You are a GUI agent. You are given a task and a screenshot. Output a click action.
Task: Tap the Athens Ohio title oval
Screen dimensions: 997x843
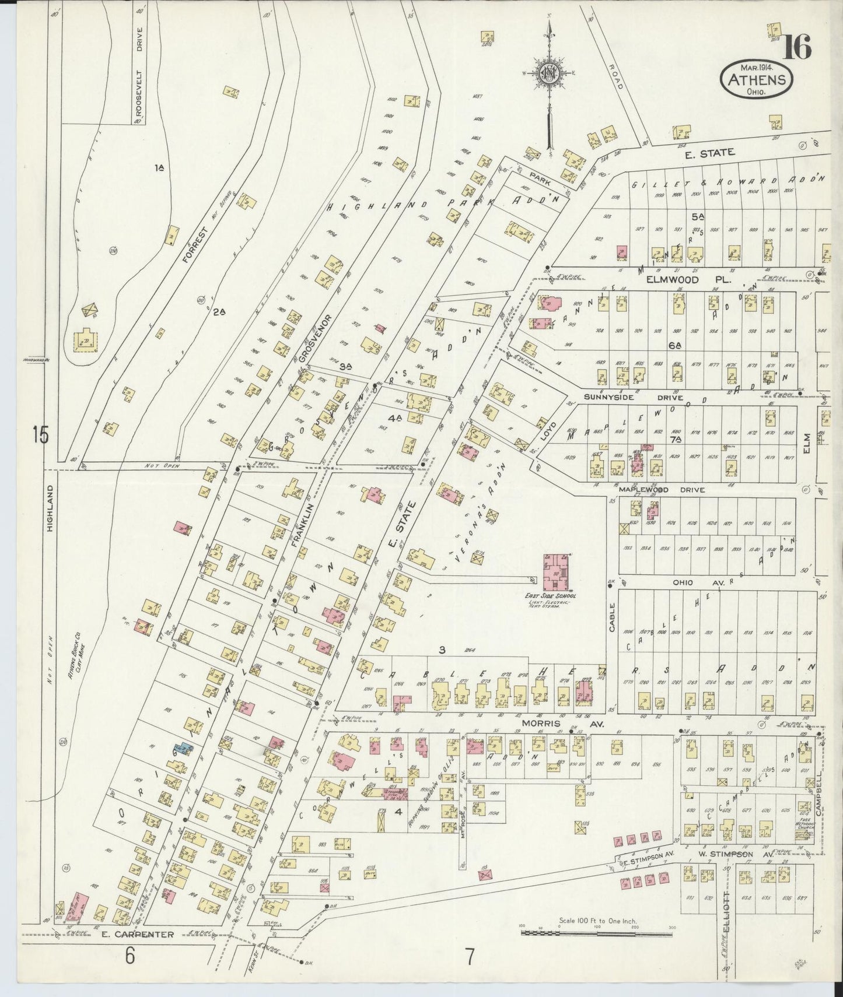click(757, 80)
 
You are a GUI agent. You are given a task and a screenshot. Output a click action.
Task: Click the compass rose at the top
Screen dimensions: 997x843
click(550, 73)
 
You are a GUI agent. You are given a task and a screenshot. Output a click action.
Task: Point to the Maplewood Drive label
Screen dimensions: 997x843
click(671, 490)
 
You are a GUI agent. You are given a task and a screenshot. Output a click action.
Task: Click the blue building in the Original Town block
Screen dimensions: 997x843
click(183, 749)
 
